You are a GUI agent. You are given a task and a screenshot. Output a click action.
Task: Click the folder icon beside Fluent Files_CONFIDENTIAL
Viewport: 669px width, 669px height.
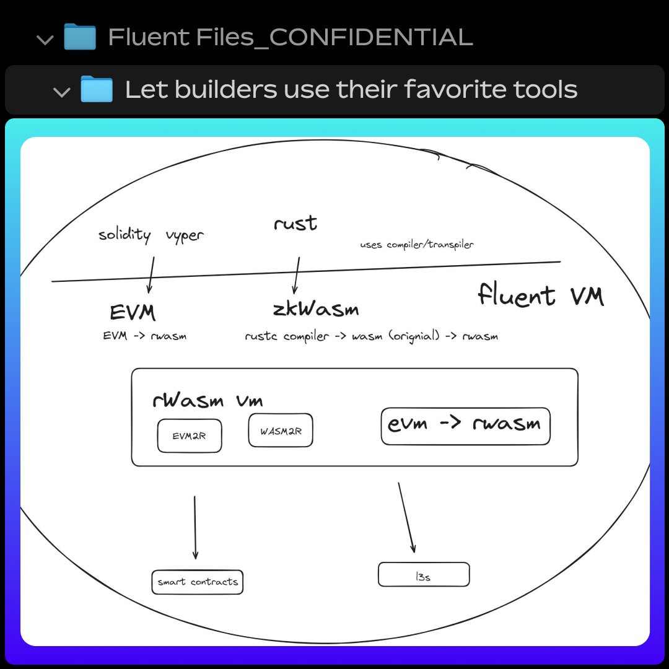(x=80, y=37)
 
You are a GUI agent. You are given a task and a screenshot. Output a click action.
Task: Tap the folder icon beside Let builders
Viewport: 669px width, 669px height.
(x=96, y=90)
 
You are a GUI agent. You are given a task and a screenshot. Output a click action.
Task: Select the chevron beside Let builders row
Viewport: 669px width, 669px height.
(x=62, y=92)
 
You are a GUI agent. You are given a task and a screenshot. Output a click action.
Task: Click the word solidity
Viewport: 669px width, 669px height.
(x=125, y=235)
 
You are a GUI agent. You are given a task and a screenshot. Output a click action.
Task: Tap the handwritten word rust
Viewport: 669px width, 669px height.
(x=295, y=223)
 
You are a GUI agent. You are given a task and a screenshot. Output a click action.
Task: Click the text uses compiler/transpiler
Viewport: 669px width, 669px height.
(x=416, y=245)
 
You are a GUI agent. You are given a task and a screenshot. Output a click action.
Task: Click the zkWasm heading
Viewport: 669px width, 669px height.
(x=315, y=308)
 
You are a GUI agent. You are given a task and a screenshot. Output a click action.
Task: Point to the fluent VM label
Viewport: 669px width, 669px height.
(x=540, y=295)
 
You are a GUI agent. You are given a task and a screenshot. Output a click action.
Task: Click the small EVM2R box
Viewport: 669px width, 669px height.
(x=190, y=435)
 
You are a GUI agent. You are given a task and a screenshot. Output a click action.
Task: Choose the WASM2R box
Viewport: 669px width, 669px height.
(x=280, y=431)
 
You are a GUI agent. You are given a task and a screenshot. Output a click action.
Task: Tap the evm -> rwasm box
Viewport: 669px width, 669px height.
(x=465, y=426)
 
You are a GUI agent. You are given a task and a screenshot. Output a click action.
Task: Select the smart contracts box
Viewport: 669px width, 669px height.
(x=197, y=582)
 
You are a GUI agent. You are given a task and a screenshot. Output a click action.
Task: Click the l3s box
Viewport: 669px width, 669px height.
(x=424, y=575)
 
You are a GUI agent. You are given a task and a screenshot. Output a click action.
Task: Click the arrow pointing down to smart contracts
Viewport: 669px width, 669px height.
(x=195, y=527)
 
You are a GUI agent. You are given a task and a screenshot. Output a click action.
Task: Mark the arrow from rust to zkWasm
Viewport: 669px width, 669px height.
(x=297, y=275)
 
